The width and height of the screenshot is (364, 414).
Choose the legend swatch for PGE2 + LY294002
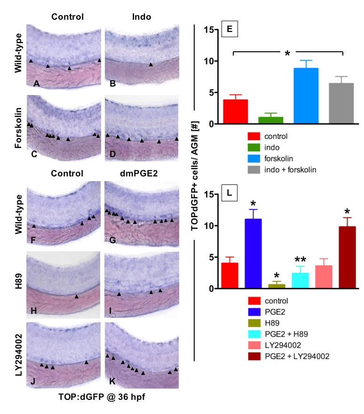tap(254, 356)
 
